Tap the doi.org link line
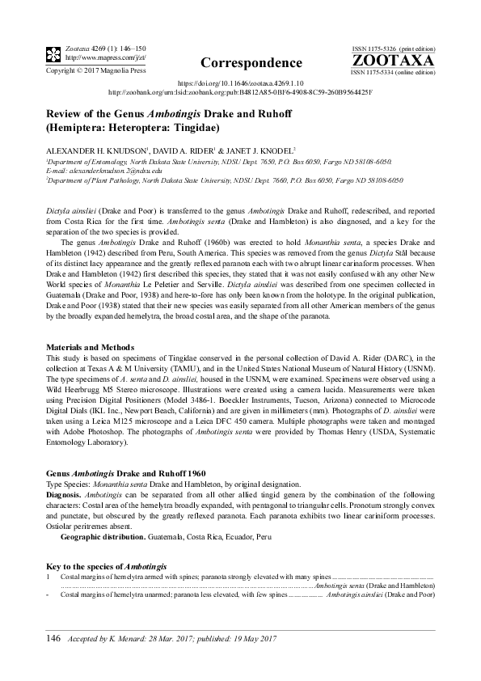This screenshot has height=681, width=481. (x=240, y=83)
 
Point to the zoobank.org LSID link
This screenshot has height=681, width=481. (x=240, y=93)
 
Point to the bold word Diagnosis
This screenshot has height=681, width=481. (x=64, y=493)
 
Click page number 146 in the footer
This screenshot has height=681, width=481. (x=53, y=639)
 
